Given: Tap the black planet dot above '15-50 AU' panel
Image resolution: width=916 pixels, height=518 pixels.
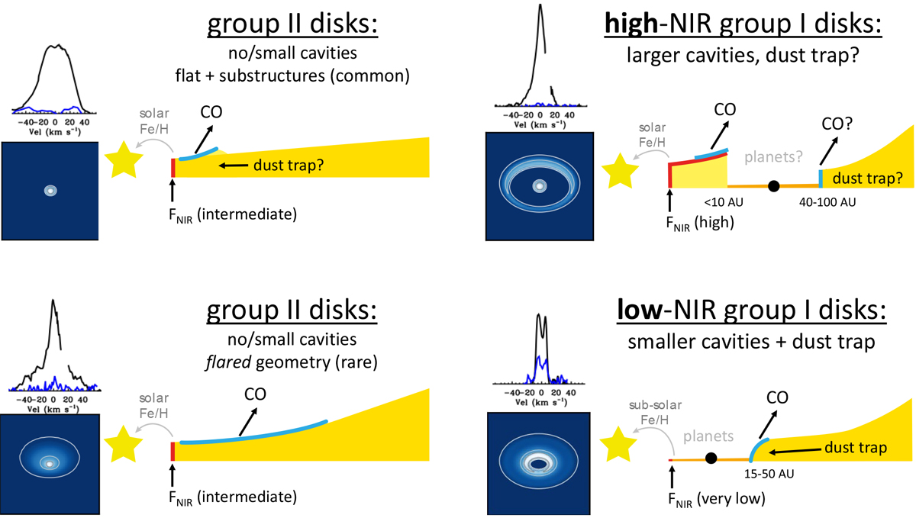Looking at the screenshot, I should pyautogui.click(x=711, y=458).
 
